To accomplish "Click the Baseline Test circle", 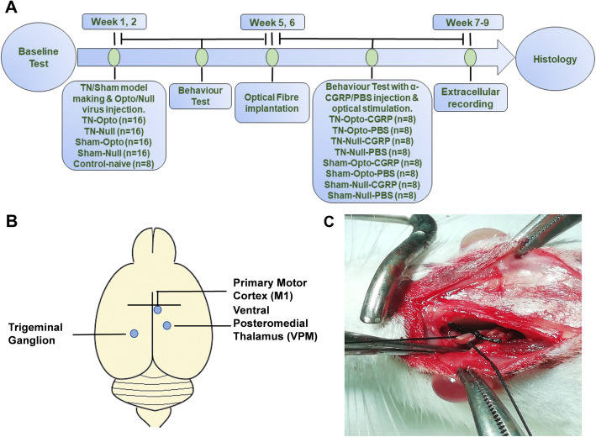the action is coord(39,57).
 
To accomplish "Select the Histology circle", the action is coord(555,59).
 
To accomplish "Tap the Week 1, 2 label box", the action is coord(114,22).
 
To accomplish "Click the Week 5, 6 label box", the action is coord(272,23).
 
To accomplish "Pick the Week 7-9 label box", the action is coord(467,23).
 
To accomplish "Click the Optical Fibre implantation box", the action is coord(272,103).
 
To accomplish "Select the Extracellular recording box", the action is coord(470,97).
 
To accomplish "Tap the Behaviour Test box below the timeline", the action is coord(200,96).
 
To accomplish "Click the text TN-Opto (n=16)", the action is coord(114,120).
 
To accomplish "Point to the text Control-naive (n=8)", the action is coord(113,164).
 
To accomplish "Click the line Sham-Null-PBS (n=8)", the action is coord(372,196).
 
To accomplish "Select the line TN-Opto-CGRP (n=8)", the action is coord(372,119).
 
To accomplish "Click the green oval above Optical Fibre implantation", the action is coord(272,57).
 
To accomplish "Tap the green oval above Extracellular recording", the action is coord(471,57).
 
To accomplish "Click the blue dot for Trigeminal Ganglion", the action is coord(134,334).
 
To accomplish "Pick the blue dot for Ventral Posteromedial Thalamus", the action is coord(167,325).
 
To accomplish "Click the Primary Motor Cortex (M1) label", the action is coord(270,289).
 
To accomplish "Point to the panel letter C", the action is coord(330,221).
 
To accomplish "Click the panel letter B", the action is coord(12,221).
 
